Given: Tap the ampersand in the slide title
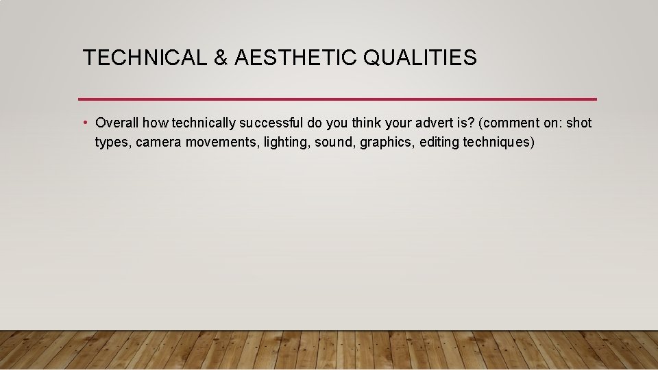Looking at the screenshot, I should pyautogui.click(x=220, y=58).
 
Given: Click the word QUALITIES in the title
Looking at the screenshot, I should pyautogui.click(x=420, y=58).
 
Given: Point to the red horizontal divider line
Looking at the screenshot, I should pyautogui.click(x=337, y=99).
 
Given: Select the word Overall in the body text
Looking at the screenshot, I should pyautogui.click(x=117, y=123).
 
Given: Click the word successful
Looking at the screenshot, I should pyautogui.click(x=271, y=123).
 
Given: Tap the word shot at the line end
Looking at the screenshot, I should pyautogui.click(x=578, y=123).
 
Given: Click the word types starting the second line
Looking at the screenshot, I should pyautogui.click(x=110, y=143).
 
